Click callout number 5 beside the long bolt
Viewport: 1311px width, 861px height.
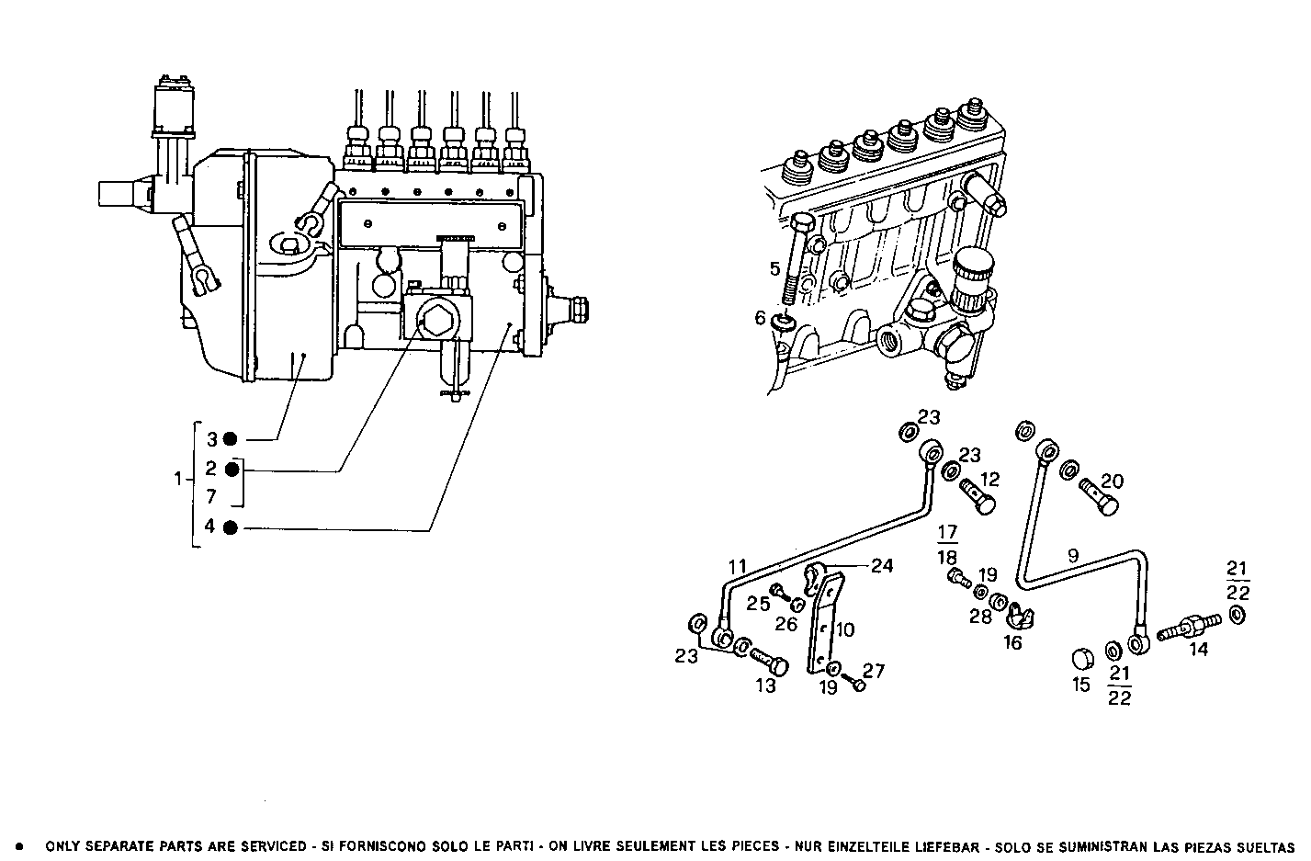pyautogui.click(x=774, y=269)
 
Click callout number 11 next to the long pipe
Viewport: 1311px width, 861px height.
pyautogui.click(x=739, y=567)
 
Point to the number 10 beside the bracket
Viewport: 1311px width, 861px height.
pyautogui.click(x=845, y=629)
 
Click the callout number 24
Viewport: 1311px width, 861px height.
pyautogui.click(x=881, y=566)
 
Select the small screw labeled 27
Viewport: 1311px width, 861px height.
pyautogui.click(x=857, y=685)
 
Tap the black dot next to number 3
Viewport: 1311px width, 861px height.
pyautogui.click(x=231, y=438)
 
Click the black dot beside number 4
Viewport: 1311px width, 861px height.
pyautogui.click(x=231, y=527)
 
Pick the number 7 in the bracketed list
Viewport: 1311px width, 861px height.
pyautogui.click(x=210, y=497)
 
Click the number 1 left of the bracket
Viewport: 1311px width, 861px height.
pyautogui.click(x=178, y=479)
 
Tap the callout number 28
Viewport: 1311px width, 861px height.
pyautogui.click(x=981, y=617)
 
